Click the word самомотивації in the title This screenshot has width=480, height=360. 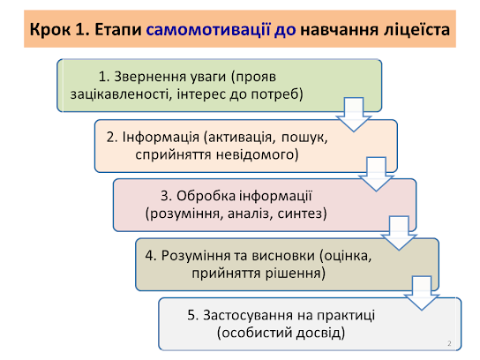point(208,30)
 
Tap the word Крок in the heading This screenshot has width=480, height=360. point(50,30)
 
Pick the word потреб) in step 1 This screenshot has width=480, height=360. point(277,94)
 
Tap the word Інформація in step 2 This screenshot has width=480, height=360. point(161,137)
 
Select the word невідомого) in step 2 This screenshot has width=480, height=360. point(257,154)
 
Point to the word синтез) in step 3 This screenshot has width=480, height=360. point(302,214)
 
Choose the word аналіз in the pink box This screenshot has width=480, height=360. point(248,214)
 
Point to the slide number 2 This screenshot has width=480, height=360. point(449,343)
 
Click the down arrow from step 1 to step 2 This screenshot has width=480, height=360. point(354,115)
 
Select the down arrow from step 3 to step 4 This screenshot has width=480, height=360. point(399,233)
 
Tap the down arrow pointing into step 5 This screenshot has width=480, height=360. point(422,293)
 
